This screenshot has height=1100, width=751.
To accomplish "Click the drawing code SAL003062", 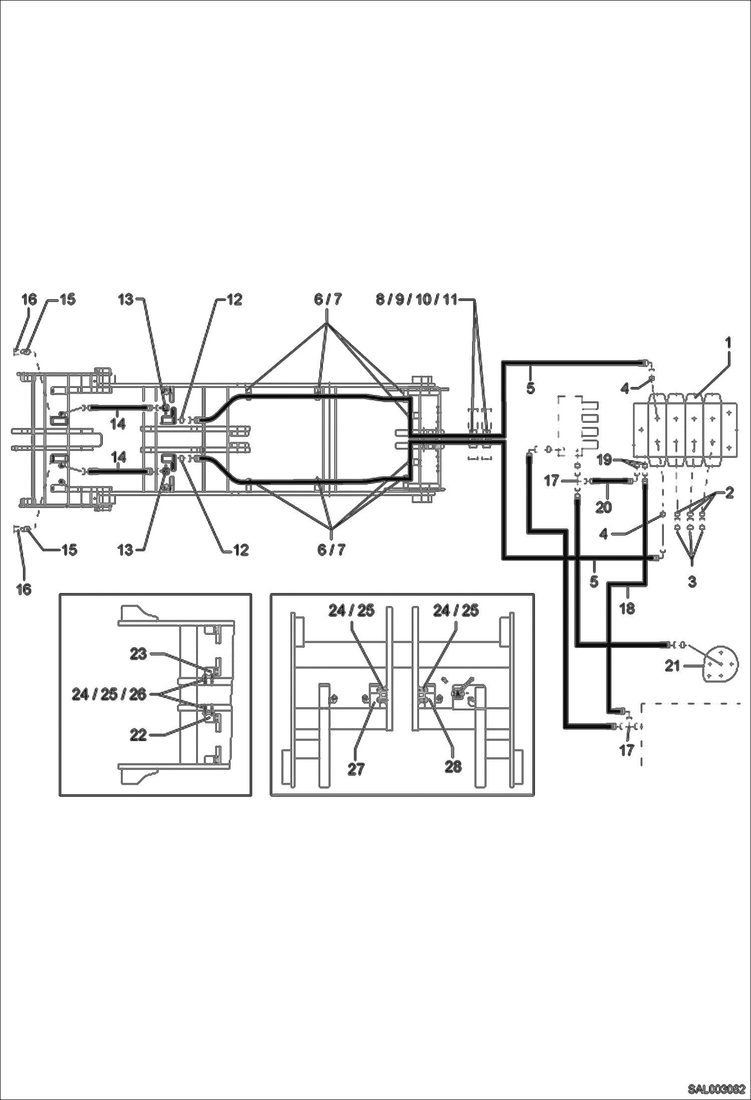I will coord(716,1088).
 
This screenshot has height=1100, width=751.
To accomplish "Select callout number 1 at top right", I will coord(728,342).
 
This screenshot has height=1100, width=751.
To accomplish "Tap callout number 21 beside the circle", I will coord(672,666).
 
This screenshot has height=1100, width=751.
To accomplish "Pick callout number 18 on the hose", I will coord(627,608).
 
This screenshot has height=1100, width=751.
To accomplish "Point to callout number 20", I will coord(604,507).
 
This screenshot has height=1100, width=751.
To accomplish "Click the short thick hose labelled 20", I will coord(611,481).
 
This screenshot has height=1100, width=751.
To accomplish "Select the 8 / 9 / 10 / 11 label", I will coord(417,300).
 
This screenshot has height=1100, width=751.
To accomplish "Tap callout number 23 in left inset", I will coord(138,654).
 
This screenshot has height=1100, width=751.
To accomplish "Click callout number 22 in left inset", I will coord(138,735).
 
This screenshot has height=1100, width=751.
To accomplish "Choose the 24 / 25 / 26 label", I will coord(109,694).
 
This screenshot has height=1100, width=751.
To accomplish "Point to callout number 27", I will coord(356,769).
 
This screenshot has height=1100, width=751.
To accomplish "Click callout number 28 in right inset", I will coord(453,767).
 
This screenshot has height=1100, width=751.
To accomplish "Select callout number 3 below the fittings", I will coord(692,582).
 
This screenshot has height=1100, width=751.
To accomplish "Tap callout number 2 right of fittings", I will coord(729,492).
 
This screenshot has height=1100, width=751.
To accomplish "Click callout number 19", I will coord(604,459).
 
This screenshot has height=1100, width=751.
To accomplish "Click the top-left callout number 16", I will coord(29,299).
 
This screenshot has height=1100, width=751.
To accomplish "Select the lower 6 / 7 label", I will coord(331,549).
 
